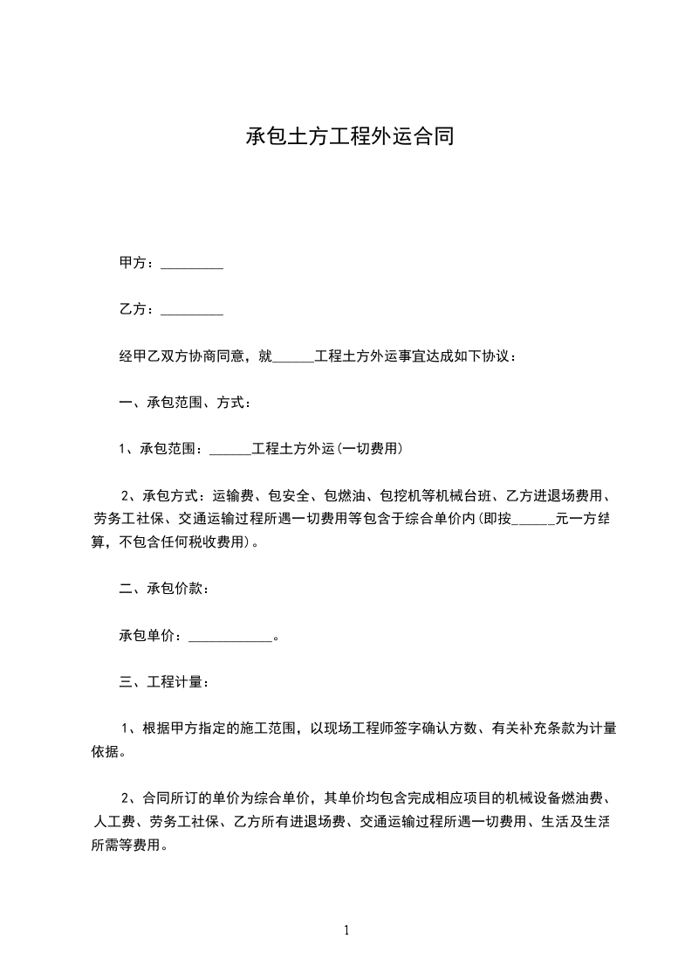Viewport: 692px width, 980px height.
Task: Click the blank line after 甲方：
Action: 193,264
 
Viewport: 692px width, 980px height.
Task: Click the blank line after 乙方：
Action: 193,310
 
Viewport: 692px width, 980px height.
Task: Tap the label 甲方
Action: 132,263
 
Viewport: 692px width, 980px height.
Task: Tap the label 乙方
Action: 132,309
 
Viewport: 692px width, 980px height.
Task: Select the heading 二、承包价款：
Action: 163,589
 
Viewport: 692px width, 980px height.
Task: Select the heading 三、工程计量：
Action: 163,682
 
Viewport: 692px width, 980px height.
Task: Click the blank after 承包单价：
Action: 230,637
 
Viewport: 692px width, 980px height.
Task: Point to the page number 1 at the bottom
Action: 346,930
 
